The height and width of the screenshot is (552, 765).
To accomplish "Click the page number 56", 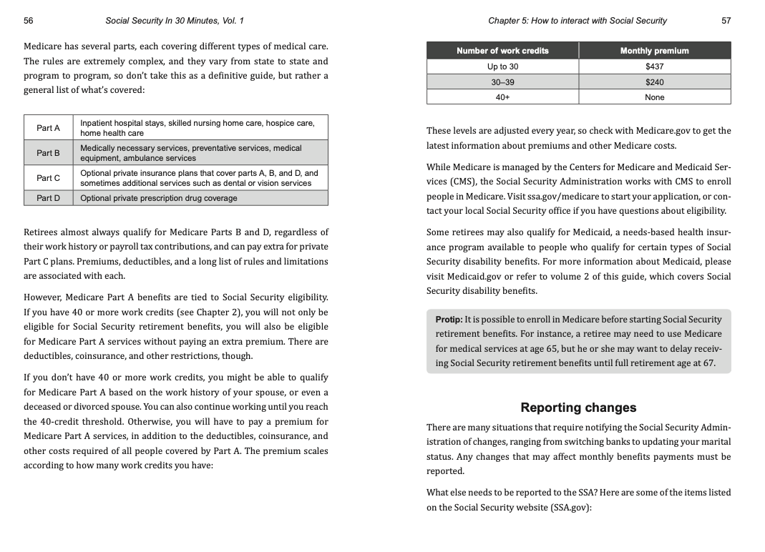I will coord(29,21).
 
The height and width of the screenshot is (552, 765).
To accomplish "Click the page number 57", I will coord(726,21).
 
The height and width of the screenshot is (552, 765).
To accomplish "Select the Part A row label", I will coord(49,128).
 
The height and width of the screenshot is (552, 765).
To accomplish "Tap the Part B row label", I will coord(49,153).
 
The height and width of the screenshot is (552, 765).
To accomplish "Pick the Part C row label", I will coord(49,178).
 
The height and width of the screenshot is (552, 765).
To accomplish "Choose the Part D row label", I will coord(49,198).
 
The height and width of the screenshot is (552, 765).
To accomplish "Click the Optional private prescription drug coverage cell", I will coord(159,198).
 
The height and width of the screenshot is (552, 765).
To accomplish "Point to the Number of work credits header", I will coord(502,51).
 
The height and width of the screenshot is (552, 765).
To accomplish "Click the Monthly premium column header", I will coord(654,51).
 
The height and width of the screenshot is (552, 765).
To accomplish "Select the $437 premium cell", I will coord(654,66).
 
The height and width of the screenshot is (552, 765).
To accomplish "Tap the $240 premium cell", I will coord(654,82).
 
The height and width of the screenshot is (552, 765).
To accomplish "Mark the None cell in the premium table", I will coord(654,97).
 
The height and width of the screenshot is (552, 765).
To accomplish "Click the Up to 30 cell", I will coord(502,66).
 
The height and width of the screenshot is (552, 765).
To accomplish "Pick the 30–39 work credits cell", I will coord(502,82).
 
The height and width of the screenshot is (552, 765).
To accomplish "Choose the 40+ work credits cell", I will coord(502,97).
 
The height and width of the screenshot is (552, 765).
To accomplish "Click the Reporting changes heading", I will coord(578,408).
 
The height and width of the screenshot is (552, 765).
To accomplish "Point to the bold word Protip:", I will coord(449,320).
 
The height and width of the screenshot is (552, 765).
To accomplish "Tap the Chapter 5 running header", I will coord(577,21).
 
